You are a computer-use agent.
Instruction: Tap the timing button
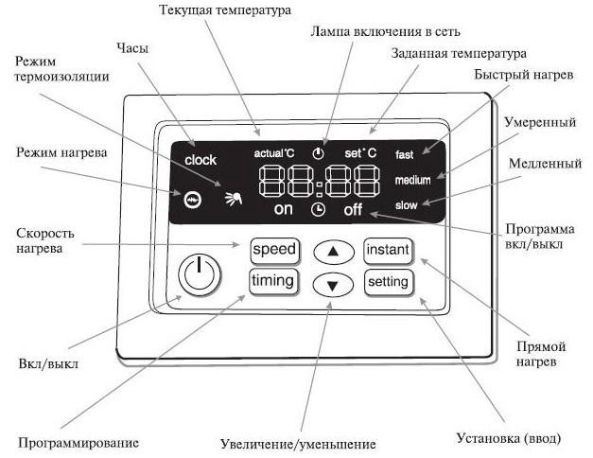274,281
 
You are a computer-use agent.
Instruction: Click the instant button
388,250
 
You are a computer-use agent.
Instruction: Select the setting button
389,282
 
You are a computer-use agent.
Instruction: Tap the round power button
200,274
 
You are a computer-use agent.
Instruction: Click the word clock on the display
201,160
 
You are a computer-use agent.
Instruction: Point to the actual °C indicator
274,153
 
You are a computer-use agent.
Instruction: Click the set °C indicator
360,153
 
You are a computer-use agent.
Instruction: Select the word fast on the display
404,154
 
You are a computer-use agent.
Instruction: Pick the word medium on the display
412,180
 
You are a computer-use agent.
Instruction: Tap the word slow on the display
406,205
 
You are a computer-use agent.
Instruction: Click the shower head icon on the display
234,199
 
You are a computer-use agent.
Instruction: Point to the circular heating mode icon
193,199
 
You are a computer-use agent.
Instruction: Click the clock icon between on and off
318,209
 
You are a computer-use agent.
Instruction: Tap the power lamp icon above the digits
318,153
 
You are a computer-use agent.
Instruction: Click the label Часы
132,48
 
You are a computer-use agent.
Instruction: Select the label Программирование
78,443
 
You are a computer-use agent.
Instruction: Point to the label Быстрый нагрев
524,75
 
